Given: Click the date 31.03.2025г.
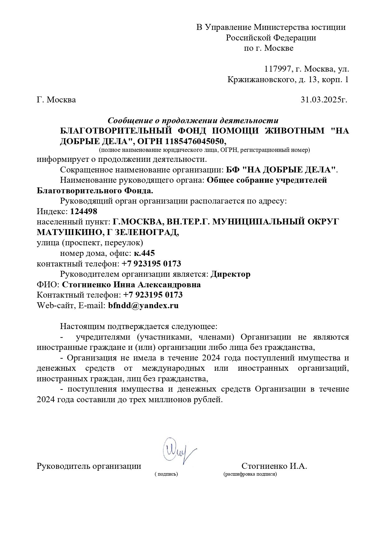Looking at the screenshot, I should [324, 100].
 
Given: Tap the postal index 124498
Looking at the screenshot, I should [84, 212].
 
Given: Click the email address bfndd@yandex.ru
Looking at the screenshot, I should [143, 305].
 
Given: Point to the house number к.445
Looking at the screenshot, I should [144, 253].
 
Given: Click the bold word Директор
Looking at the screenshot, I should [230, 274].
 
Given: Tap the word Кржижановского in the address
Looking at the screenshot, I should [261, 79].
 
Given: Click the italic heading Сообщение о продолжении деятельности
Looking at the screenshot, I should [193, 120].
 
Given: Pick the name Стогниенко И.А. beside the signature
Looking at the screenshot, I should [274, 466].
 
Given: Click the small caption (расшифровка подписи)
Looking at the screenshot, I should [250, 474].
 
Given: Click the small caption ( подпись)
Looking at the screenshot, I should [166, 474].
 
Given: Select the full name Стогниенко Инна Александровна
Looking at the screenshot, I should [131, 285].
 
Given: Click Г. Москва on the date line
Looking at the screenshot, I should [56, 100].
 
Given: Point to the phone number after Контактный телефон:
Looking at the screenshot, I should [153, 295].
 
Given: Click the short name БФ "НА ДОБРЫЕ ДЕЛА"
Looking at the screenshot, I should [281, 170].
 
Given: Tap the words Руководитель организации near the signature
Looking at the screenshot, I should [89, 466].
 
